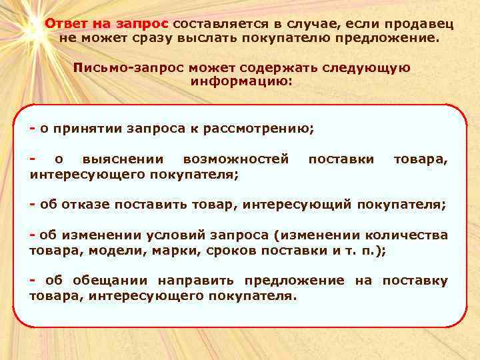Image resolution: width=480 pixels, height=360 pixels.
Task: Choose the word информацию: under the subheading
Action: (241, 81)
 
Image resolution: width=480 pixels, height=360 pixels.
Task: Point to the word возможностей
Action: (236, 160)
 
